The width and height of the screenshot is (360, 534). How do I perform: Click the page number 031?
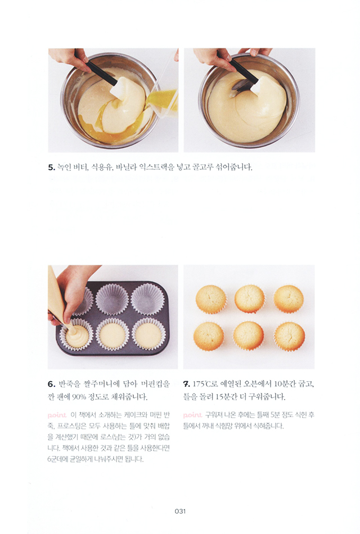180,511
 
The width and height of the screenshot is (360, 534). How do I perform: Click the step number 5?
52,168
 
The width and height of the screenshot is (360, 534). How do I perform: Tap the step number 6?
52,384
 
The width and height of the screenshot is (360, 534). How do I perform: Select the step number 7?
187,384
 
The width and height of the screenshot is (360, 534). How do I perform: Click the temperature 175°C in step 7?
202,384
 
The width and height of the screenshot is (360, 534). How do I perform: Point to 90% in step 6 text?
79,397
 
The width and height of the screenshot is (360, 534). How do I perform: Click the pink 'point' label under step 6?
57,415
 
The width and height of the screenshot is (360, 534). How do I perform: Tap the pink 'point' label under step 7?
192,415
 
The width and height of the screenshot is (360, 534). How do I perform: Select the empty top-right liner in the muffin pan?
147,299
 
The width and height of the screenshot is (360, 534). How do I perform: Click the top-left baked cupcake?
211,300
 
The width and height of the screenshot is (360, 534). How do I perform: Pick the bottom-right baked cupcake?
290,336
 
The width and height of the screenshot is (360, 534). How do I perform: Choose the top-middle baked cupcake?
250,298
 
